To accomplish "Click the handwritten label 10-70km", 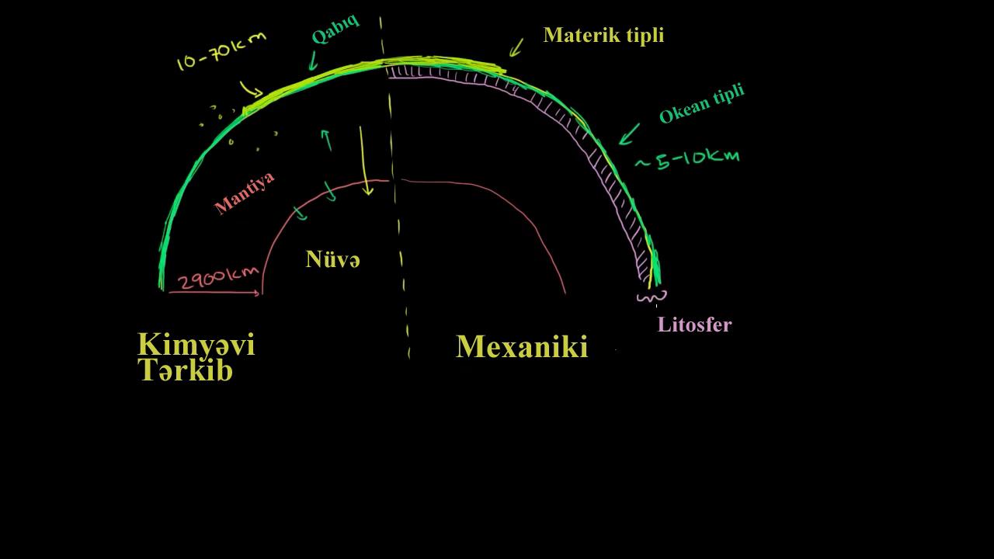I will click(221, 51).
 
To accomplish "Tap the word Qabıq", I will click(335, 29).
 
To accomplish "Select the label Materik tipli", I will click(603, 35).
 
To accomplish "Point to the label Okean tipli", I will click(701, 104).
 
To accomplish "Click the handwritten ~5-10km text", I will click(687, 159).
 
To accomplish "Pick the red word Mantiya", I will click(245, 193).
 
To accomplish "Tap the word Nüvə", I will click(332, 259).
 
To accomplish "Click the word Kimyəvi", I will click(196, 344).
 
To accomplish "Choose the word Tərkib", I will click(186, 370).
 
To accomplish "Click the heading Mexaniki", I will click(522, 347).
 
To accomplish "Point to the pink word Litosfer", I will click(694, 325).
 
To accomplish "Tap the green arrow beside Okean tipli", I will click(629, 134).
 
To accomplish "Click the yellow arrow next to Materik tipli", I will click(516, 47).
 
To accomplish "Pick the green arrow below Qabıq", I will click(313, 61).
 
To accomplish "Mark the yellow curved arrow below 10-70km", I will click(251, 89).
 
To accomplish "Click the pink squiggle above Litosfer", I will click(652, 297).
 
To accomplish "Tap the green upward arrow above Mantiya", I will click(326, 139).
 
